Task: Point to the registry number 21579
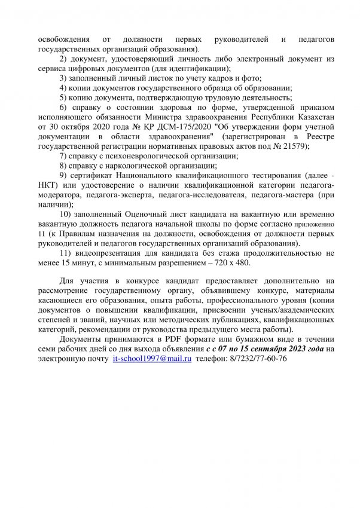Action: click(296, 146)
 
